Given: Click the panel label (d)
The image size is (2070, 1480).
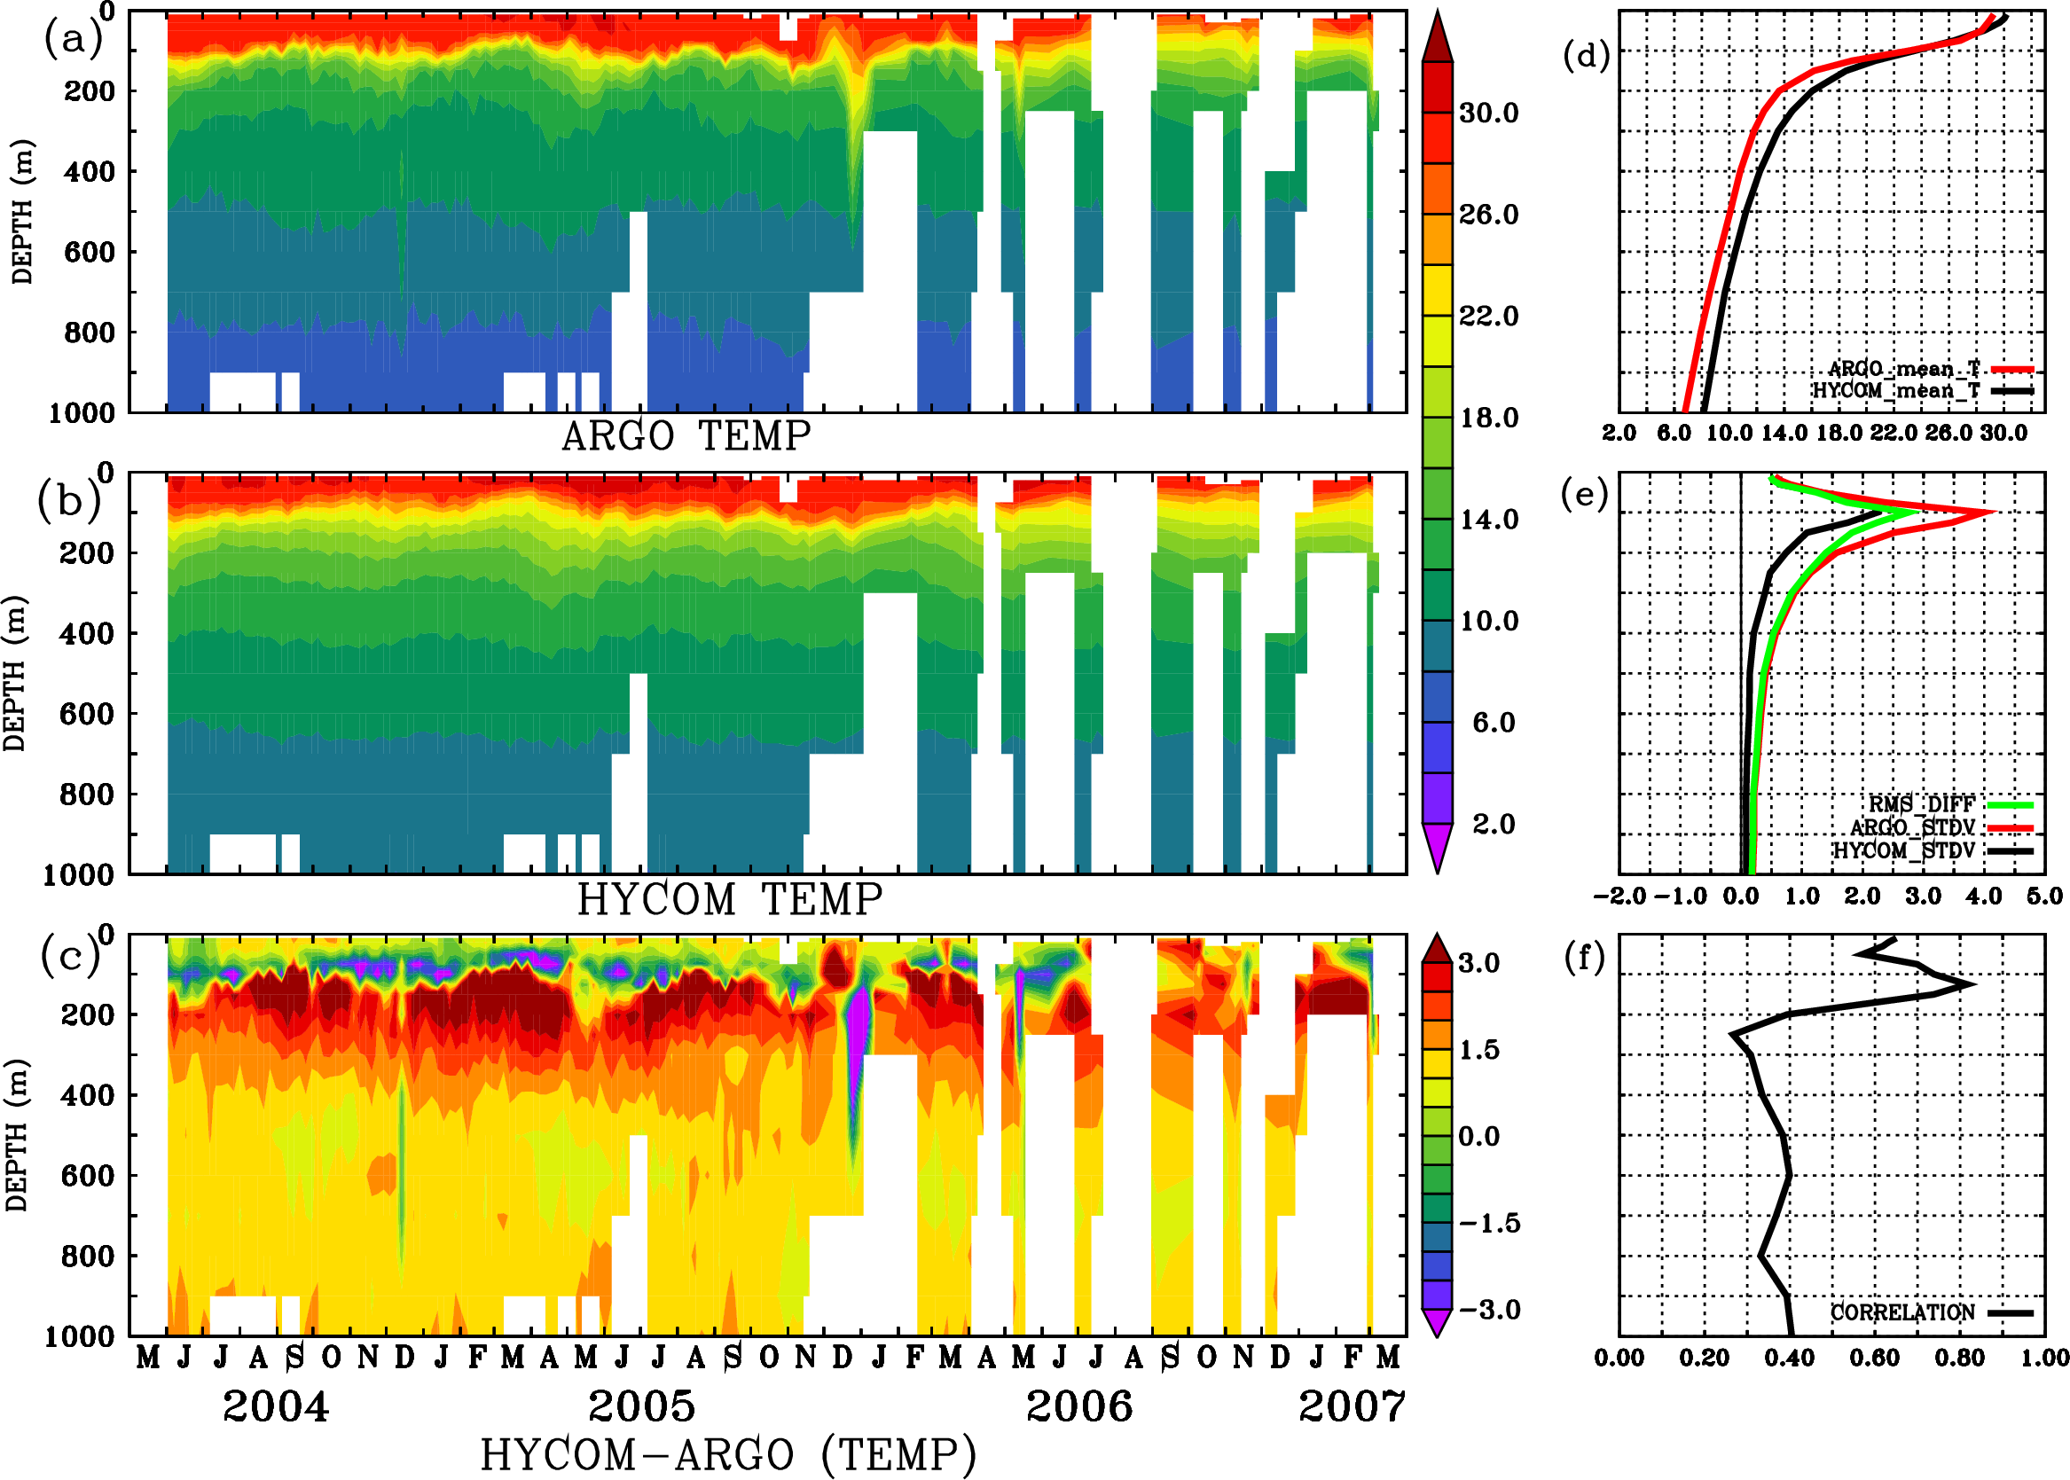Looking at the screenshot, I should click(x=1586, y=56).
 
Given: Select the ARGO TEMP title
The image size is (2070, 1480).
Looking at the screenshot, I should click(x=686, y=436).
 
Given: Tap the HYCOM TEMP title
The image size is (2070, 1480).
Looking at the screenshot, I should click(x=729, y=899).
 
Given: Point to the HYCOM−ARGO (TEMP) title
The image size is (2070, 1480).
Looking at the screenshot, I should click(x=727, y=1454).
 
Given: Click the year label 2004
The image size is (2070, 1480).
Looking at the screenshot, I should click(x=275, y=1406).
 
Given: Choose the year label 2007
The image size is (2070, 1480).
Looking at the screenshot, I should click(x=1352, y=1406).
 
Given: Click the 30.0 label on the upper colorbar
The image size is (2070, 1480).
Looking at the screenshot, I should click(x=1488, y=113).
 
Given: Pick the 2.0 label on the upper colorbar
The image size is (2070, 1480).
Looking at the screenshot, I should click(x=1493, y=824).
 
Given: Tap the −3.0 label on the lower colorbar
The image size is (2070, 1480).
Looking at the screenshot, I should click(x=1489, y=1310).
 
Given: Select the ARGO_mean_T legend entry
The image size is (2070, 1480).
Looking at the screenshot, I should click(x=1905, y=369).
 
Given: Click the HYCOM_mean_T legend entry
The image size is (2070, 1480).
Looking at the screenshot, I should click(x=1897, y=391).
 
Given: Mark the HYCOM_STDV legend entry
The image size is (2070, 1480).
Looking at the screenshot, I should click(x=1904, y=850).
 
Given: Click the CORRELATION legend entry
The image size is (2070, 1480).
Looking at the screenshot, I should click(x=1903, y=1312).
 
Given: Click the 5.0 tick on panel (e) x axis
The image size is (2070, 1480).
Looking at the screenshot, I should click(x=2044, y=896).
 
